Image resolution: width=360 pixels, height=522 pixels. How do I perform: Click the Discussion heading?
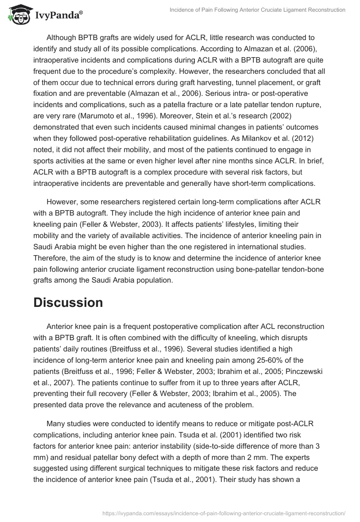[x=68, y=302]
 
